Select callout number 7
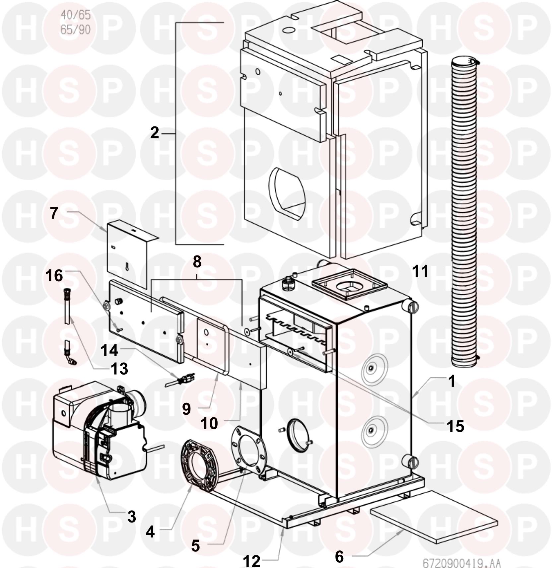54,213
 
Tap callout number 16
54,276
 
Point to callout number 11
420,271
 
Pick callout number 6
339,557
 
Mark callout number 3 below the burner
132,517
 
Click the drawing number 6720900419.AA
461,563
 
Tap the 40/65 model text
76,15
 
